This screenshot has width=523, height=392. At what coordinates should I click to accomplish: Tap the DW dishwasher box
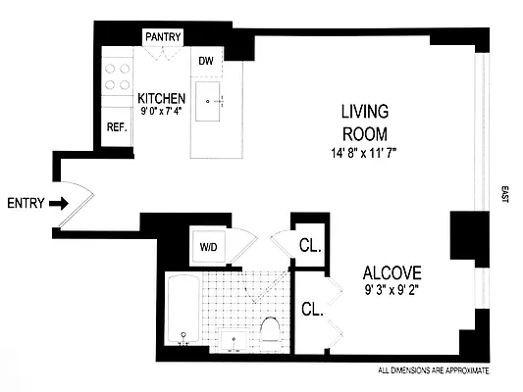coord(206,61)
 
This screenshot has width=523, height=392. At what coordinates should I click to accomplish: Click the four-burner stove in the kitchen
coord(118,76)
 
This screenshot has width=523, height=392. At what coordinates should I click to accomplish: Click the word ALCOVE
coord(393,272)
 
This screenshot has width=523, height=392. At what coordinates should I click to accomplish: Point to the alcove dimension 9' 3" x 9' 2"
coord(393,289)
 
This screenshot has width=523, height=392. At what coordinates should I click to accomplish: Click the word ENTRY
coord(25,204)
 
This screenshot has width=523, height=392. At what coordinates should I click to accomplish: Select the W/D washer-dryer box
coord(208,246)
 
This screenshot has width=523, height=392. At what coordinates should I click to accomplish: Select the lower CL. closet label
coord(312,309)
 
